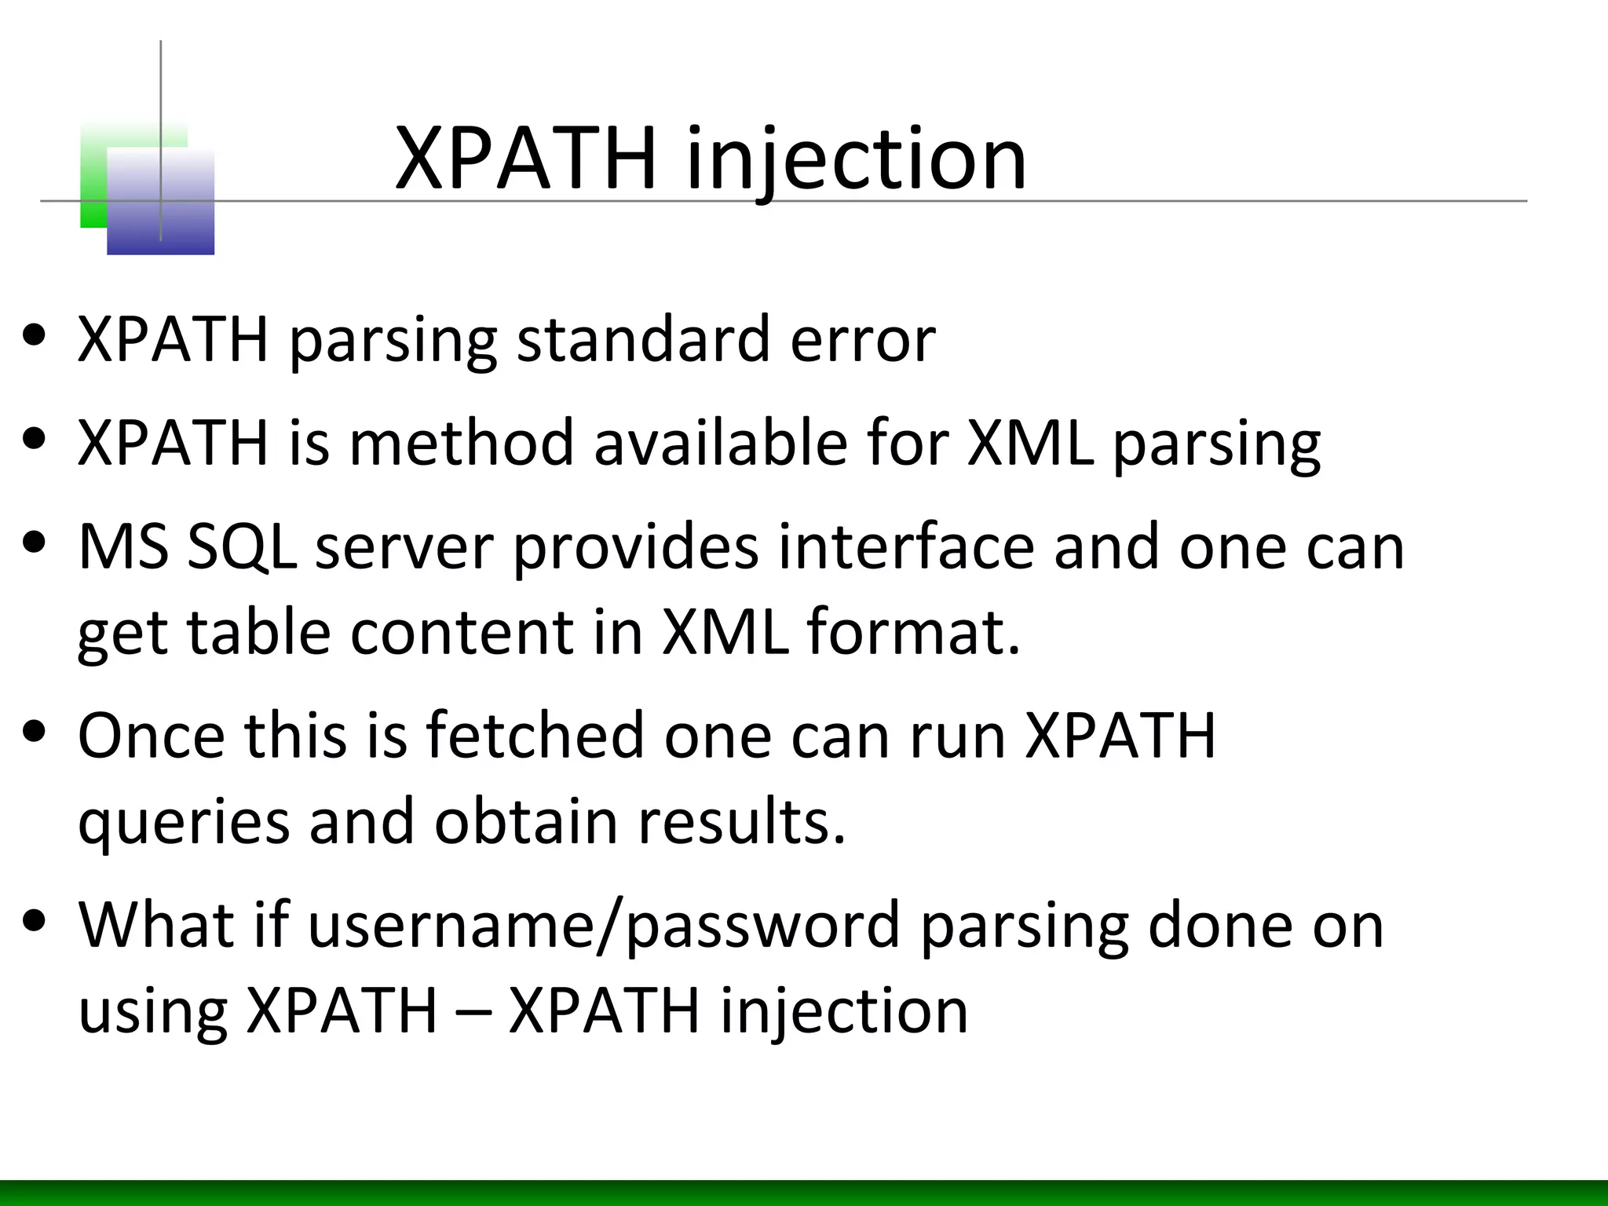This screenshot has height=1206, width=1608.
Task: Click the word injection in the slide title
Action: (x=856, y=160)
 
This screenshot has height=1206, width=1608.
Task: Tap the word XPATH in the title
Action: (x=525, y=160)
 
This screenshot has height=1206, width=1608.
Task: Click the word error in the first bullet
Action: (x=863, y=341)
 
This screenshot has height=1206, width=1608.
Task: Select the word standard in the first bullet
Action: (x=643, y=339)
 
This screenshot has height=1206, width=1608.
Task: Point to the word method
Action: (x=462, y=443)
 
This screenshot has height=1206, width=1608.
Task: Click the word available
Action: (x=721, y=443)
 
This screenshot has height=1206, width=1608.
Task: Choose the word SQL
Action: (x=242, y=546)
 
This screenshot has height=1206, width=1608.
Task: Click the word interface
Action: (x=906, y=546)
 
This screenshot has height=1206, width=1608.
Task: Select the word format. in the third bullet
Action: (x=914, y=631)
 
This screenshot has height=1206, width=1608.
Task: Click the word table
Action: (x=259, y=631)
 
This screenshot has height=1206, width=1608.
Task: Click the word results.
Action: (x=742, y=821)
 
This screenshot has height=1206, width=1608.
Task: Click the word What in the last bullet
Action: (x=155, y=925)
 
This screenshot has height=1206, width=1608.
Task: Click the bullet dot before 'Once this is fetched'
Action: (x=34, y=733)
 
